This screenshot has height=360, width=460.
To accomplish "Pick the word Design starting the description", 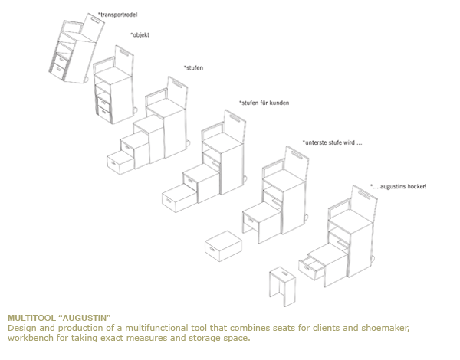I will [x=22, y=328].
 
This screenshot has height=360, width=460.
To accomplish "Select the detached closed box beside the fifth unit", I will [x=224, y=246].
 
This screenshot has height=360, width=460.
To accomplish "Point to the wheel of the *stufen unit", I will [x=186, y=144].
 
